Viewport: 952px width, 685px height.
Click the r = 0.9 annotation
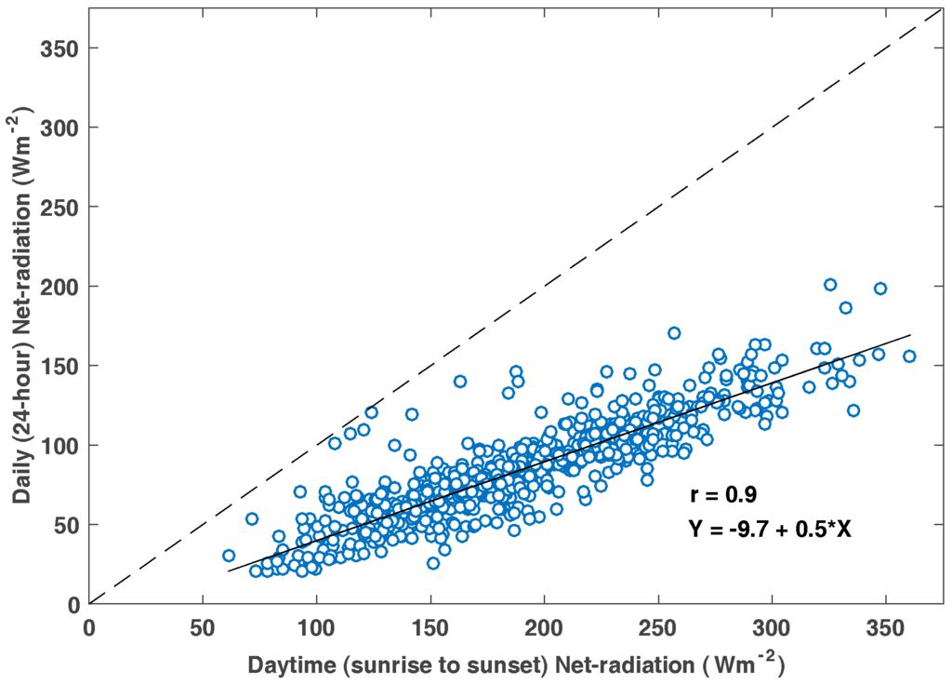click(729, 495)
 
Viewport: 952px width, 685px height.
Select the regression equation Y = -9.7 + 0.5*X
click(771, 529)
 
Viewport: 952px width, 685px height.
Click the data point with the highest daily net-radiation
click(830, 285)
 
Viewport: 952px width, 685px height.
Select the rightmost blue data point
click(909, 356)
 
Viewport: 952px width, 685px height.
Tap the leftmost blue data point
click(229, 556)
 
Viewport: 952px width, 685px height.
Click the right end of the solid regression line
click(910, 334)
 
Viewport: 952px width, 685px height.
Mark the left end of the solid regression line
click(229, 571)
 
